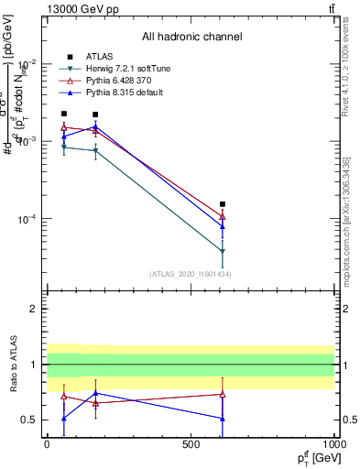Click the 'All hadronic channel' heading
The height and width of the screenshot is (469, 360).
191,37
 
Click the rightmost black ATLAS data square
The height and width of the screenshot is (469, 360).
223,204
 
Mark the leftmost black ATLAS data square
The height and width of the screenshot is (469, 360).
63,115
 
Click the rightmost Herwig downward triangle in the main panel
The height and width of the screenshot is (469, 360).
223,252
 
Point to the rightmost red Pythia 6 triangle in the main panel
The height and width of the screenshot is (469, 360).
223,217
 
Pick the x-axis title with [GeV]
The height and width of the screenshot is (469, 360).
314,457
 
